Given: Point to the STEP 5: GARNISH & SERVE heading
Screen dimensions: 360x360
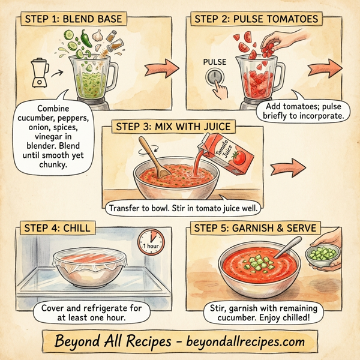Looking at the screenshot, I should coord(256,228).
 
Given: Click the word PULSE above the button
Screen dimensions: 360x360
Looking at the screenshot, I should coord(215,62).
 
